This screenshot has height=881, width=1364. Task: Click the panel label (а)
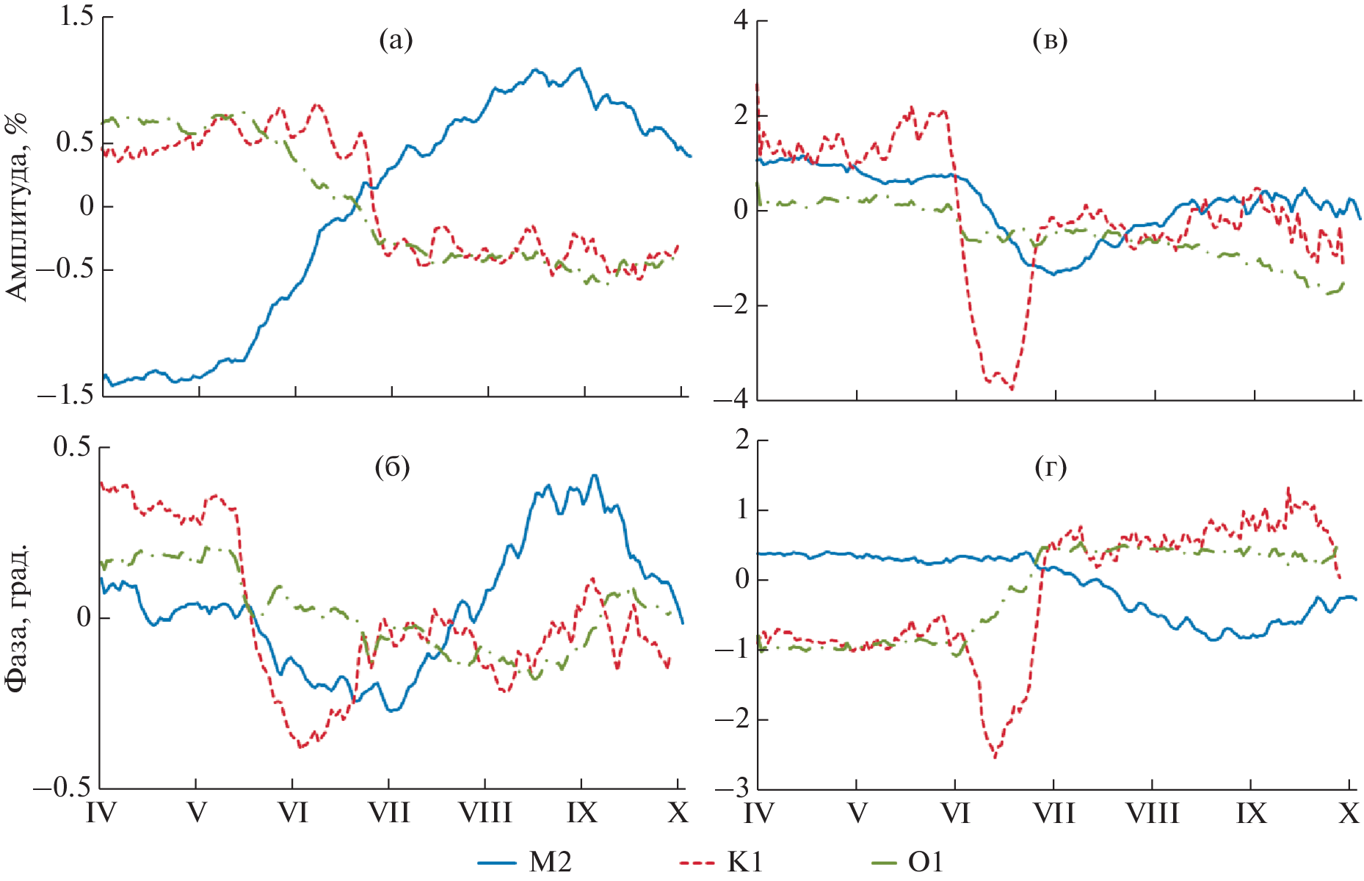[396, 40]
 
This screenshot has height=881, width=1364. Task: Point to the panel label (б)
[392, 467]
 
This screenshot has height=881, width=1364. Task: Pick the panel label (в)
[1050, 40]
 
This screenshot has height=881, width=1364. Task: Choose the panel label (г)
[1050, 467]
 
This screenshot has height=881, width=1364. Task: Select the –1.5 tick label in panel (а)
[66, 395]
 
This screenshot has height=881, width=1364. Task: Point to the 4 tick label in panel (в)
[741, 21]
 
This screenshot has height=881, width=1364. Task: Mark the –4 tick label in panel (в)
[731, 400]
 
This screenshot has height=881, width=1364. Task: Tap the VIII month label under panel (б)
[485, 813]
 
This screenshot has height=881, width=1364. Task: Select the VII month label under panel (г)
[1053, 813]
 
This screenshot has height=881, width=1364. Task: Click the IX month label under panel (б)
[582, 813]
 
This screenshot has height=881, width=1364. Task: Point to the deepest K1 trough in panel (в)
[1012, 388]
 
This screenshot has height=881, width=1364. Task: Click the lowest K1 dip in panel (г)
[995, 756]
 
